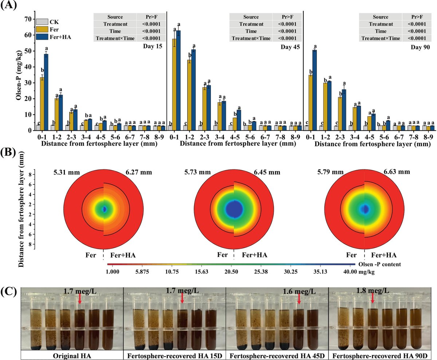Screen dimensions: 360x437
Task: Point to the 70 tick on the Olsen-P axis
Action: [28, 19]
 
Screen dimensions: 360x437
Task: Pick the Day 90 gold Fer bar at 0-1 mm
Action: [310, 102]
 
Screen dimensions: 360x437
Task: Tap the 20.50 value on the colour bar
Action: [232, 272]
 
